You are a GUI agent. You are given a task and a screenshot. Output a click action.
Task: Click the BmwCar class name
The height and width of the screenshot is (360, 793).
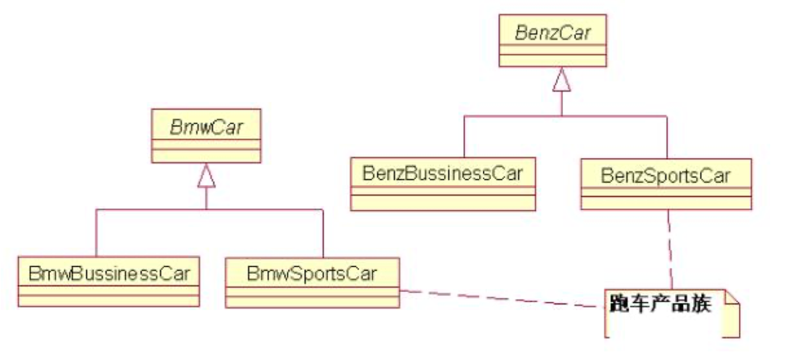pyautogui.click(x=206, y=128)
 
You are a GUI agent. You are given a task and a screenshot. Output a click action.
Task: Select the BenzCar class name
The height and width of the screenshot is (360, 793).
pyautogui.click(x=552, y=33)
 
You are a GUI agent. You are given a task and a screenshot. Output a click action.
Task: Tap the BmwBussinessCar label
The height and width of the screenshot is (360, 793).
pyautogui.click(x=109, y=273)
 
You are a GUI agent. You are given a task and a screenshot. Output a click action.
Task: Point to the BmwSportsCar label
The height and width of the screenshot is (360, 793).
pyautogui.click(x=312, y=273)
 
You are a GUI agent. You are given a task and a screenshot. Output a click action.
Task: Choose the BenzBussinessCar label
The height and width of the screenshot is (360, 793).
pyautogui.click(x=442, y=174)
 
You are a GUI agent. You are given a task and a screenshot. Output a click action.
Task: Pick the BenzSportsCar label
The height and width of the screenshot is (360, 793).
pyautogui.click(x=666, y=175)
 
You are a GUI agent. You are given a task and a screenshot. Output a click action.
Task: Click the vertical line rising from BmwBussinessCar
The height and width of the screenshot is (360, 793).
pyautogui.click(x=96, y=232)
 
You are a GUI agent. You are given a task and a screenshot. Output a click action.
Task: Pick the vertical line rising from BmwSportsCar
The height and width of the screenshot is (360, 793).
pyautogui.click(x=323, y=232)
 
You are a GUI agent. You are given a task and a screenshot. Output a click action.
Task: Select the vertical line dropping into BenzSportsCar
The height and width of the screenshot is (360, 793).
pyautogui.click(x=667, y=138)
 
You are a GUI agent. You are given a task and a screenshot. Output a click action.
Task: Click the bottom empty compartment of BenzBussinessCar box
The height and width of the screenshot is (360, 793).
pyautogui.click(x=442, y=203)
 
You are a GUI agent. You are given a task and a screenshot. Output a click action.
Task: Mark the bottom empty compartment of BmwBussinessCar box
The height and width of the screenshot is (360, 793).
pyautogui.click(x=109, y=300)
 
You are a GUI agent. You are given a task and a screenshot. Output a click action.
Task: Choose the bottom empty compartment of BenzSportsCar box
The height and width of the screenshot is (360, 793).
pyautogui.click(x=666, y=203)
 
